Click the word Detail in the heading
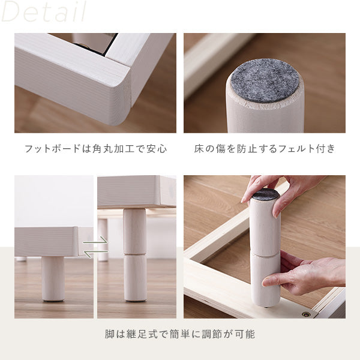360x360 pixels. (44, 11)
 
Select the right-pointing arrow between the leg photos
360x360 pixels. (95, 240)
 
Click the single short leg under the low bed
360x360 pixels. (53, 279)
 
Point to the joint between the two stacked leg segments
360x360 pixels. (135, 254)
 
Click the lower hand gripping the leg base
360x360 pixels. (305, 274)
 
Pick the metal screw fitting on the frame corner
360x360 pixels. (305, 314)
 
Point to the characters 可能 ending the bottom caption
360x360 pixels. (245, 334)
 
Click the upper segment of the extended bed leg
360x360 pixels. (135, 231)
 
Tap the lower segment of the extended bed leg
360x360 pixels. (135, 278)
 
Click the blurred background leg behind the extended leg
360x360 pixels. (103, 240)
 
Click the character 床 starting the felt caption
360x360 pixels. (199, 149)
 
